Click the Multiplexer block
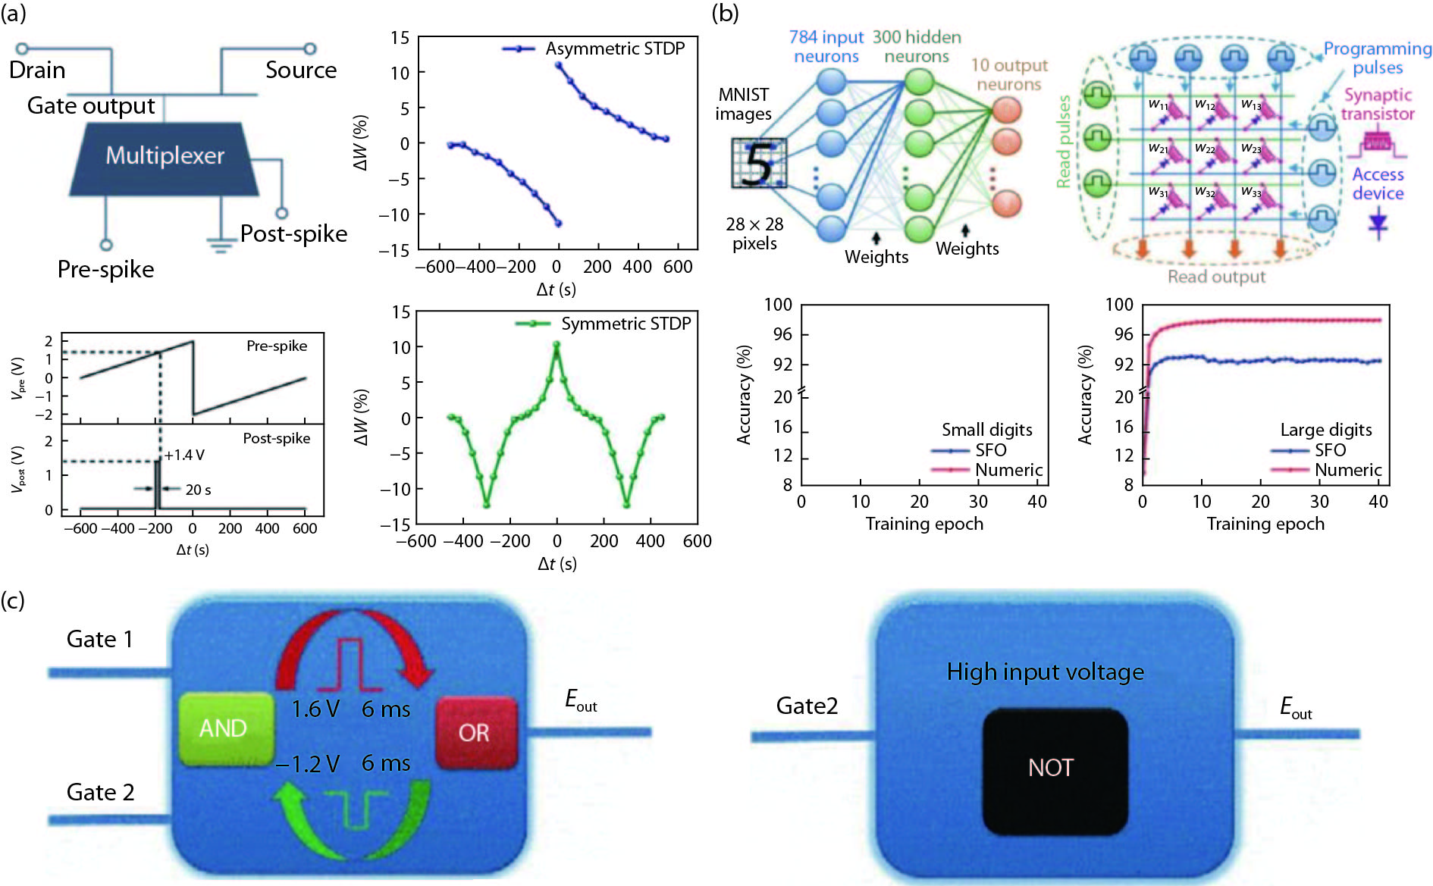click(x=165, y=157)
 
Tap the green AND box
click(x=224, y=728)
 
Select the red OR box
click(x=475, y=732)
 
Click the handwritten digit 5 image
click(x=759, y=163)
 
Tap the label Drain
click(x=37, y=70)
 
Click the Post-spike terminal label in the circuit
click(x=293, y=233)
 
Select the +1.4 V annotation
click(x=184, y=455)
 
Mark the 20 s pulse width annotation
click(x=198, y=490)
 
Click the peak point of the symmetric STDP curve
click(x=557, y=345)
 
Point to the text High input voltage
click(x=1045, y=672)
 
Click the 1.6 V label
click(x=315, y=709)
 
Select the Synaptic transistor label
click(x=1377, y=105)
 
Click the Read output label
click(x=1216, y=277)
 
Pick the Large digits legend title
click(x=1325, y=430)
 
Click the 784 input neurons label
click(x=826, y=46)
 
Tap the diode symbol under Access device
click(x=1378, y=223)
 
